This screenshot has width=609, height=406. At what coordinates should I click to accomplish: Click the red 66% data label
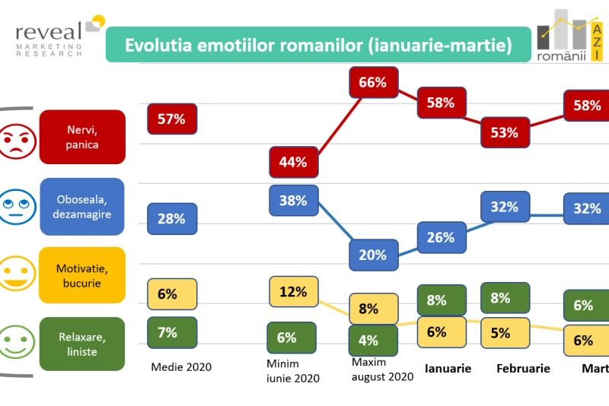[372, 83]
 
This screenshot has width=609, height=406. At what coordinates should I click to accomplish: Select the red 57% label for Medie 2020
[171, 119]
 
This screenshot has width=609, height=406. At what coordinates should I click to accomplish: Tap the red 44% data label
[292, 162]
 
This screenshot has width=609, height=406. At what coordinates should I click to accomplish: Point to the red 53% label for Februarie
[504, 132]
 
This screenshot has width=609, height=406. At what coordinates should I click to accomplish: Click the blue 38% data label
[293, 201]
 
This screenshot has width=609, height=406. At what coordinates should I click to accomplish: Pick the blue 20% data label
[373, 255]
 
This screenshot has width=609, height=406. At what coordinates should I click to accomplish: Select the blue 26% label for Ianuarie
[441, 237]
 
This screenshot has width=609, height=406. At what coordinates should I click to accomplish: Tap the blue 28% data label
[171, 219]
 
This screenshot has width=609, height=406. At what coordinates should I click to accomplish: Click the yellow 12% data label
[293, 291]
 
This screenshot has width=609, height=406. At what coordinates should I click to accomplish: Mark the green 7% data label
[171, 332]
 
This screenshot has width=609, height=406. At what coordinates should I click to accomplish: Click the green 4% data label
[372, 338]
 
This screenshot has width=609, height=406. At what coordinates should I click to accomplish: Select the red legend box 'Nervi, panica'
[81, 136]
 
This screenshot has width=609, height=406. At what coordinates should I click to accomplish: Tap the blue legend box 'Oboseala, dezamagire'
[81, 207]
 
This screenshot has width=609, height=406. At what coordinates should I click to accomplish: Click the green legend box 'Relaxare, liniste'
[81, 344]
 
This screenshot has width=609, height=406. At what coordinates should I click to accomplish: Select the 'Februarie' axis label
[523, 369]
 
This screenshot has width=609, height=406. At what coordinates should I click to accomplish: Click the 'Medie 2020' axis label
[181, 367]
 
